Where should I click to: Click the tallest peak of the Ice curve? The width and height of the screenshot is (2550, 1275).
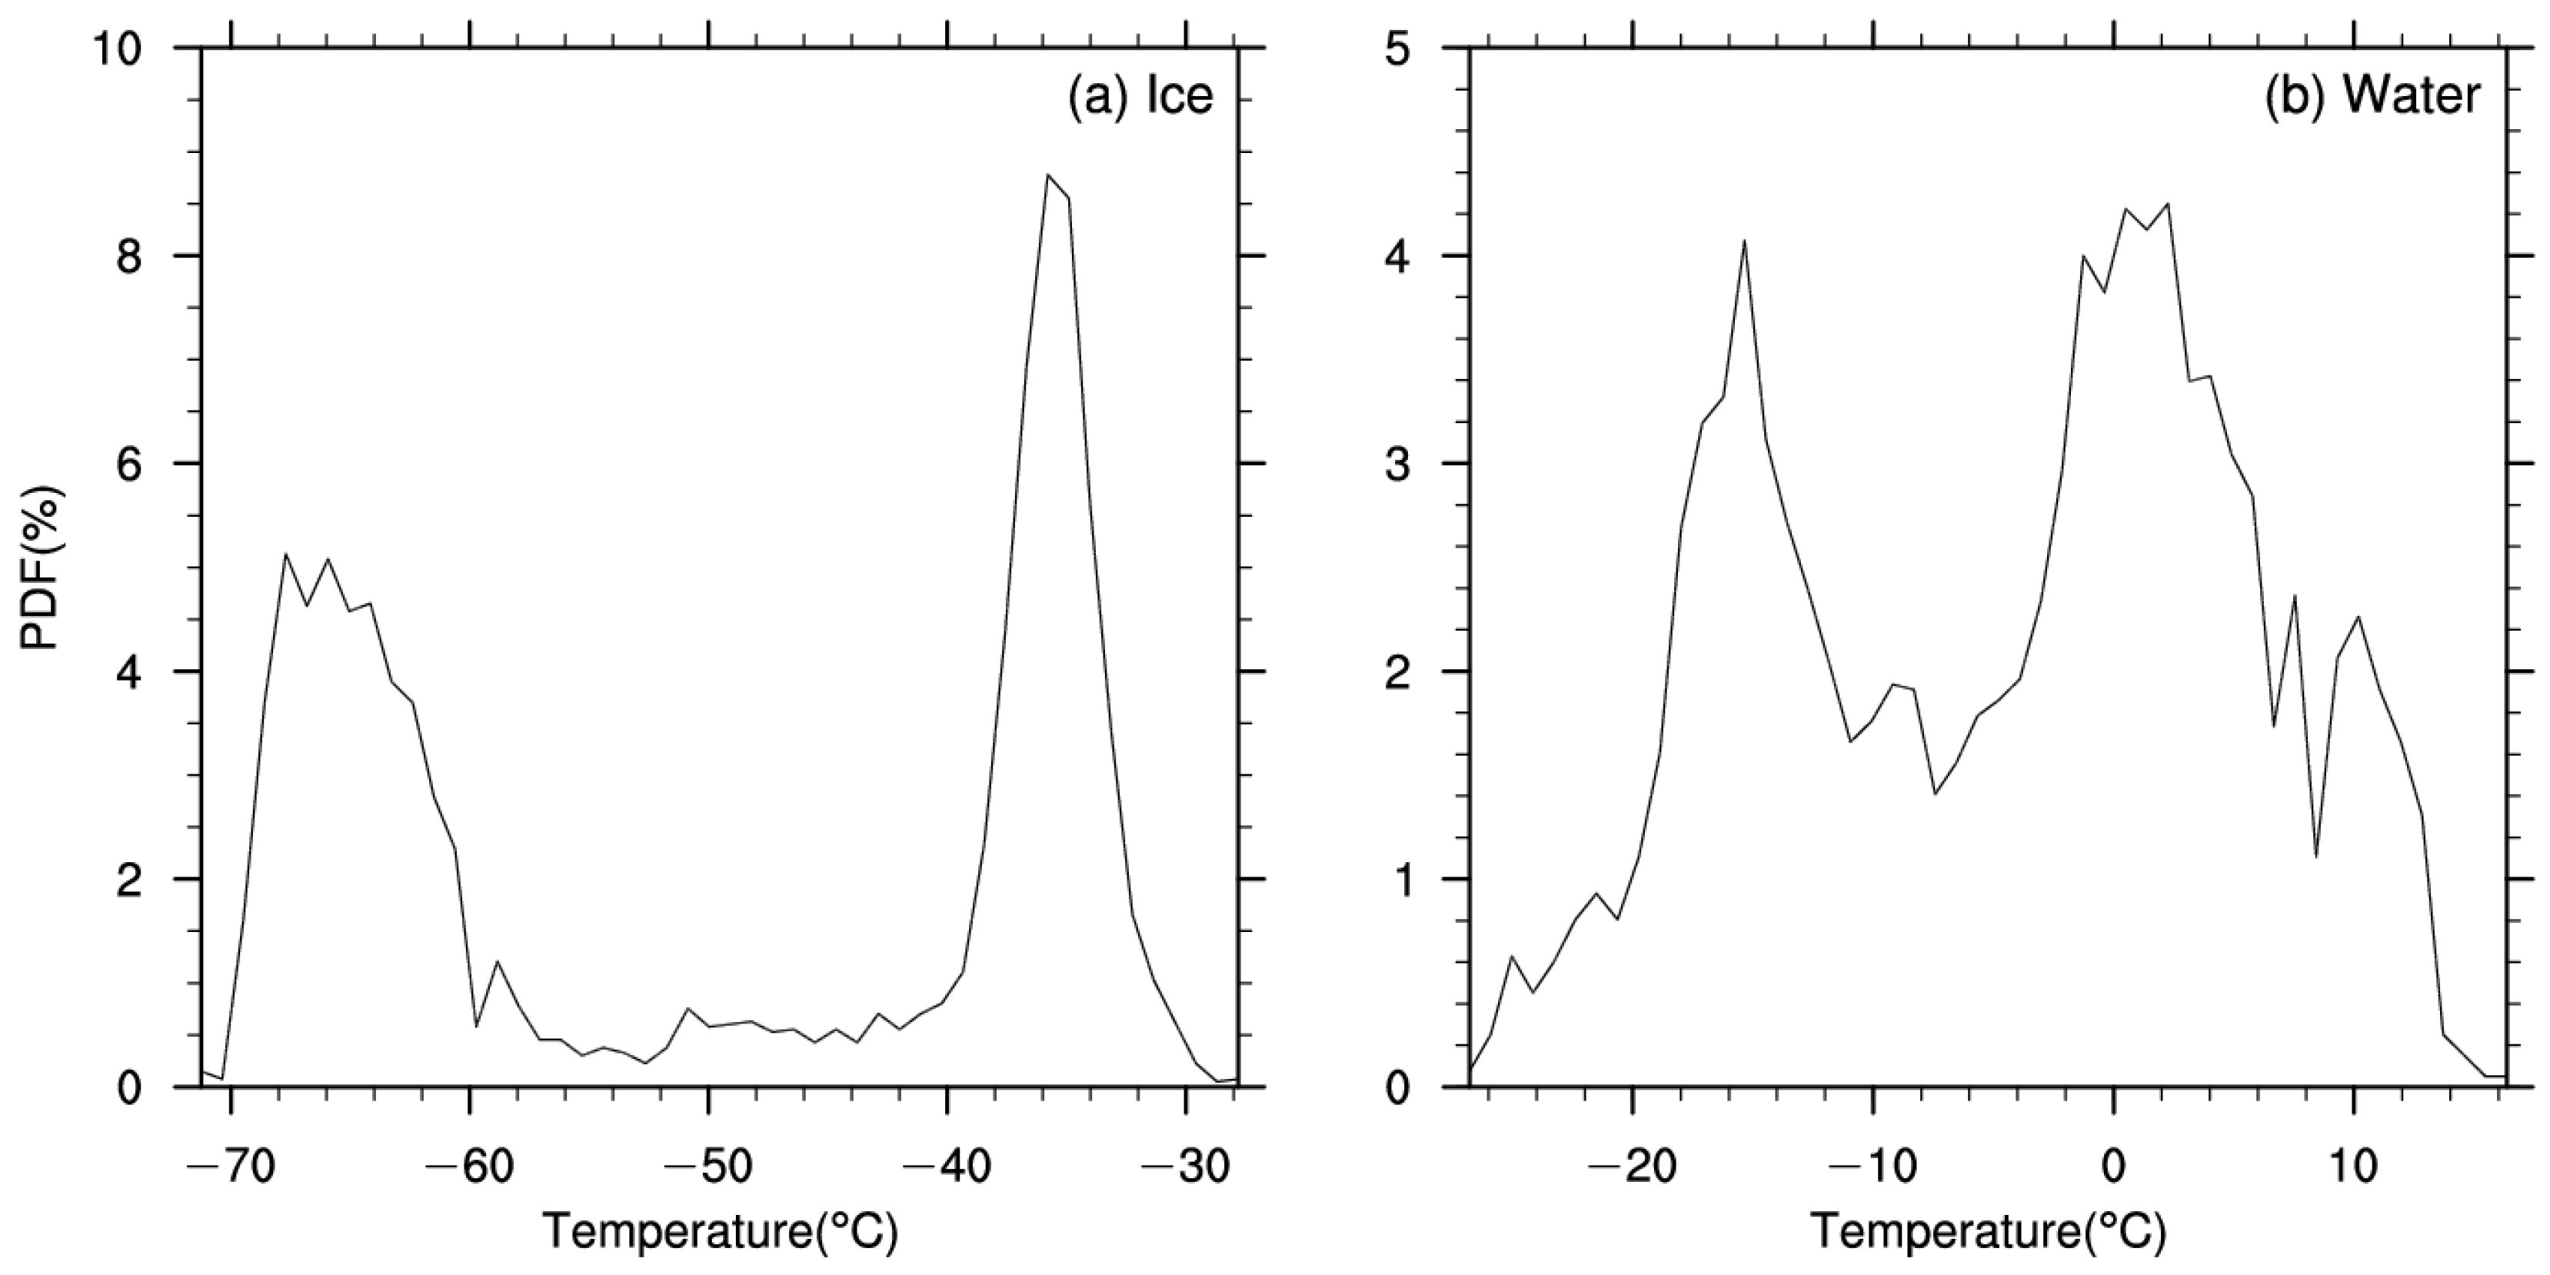tap(1047, 175)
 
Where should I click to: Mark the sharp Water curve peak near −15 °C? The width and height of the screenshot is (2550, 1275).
tap(1744, 241)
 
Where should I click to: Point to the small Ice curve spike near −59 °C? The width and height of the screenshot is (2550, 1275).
tap(497, 961)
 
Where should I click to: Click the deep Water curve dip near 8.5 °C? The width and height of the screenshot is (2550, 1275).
tap(2316, 856)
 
